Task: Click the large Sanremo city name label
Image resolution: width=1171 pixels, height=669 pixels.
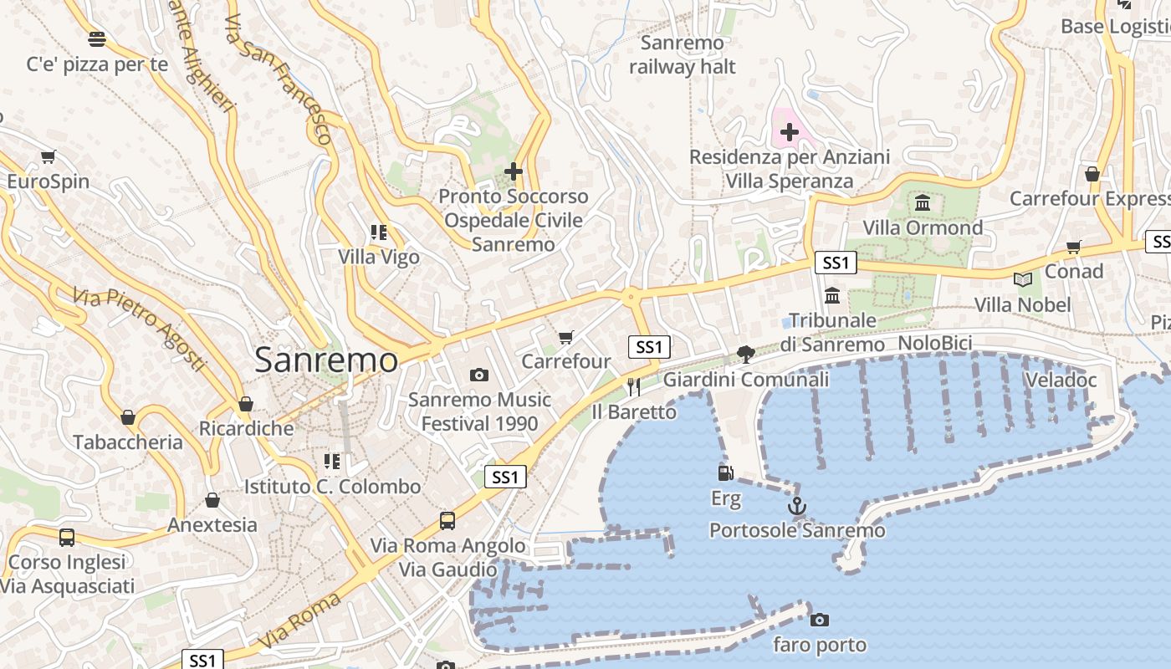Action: coord(326,360)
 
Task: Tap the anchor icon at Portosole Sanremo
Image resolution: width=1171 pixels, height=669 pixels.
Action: coord(797,506)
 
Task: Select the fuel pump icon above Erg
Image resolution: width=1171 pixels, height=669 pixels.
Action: coord(725,473)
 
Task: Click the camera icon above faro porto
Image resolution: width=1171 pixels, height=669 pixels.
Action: coord(820,620)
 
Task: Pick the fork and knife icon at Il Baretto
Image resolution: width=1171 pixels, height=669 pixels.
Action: coord(633,386)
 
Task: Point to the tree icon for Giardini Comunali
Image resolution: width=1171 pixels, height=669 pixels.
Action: coord(745,355)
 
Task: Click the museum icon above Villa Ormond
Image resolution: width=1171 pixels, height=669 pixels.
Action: coord(923,202)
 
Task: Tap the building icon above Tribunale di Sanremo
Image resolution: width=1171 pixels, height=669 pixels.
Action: coord(832,295)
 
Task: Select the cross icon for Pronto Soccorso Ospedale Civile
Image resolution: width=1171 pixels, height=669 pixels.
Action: coord(514,171)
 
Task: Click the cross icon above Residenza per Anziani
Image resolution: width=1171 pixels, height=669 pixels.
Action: coord(790,131)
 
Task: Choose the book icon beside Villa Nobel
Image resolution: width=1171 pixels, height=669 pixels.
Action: coord(1022,279)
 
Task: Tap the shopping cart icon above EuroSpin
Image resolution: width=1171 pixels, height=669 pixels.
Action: coord(48,156)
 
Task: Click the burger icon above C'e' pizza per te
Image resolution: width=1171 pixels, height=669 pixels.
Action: coord(97,38)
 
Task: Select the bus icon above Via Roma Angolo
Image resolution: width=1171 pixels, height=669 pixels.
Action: coord(447,521)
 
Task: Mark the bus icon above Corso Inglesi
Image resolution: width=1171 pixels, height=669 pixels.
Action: coord(67,537)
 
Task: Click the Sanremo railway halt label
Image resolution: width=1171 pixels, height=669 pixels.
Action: coord(682,54)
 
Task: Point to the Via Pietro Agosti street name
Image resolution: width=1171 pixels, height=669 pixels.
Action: coord(138,329)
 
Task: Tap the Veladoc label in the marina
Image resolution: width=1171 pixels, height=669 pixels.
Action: coord(1060,380)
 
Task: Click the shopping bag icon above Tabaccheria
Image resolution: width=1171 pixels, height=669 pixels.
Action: coord(128,417)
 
